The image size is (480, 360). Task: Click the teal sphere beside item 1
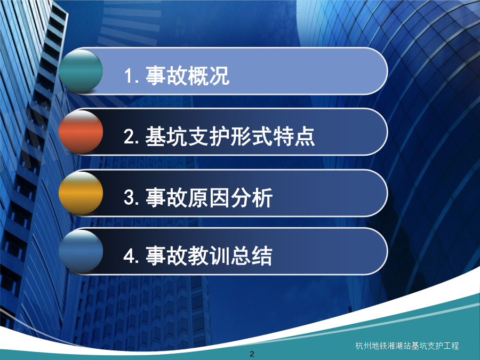(x=81, y=71)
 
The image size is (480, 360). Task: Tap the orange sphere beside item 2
(x=81, y=132)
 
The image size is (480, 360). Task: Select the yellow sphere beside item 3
(x=81, y=193)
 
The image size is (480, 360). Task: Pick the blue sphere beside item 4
(x=81, y=251)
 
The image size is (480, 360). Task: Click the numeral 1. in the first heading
(x=132, y=76)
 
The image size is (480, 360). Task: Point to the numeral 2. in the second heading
(x=132, y=137)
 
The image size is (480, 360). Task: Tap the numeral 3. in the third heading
(x=132, y=197)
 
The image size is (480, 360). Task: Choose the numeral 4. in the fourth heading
(x=132, y=255)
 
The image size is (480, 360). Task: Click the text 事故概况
(x=187, y=75)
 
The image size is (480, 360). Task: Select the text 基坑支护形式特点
(x=230, y=136)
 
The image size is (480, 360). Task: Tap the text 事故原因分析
(x=209, y=197)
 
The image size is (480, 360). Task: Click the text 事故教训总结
(x=209, y=255)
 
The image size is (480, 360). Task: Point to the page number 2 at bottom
(x=252, y=354)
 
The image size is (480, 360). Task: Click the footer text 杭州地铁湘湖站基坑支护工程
(x=407, y=346)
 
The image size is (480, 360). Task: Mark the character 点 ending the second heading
(x=305, y=136)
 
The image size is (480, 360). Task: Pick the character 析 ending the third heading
(x=262, y=197)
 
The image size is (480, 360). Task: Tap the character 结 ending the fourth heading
(x=262, y=255)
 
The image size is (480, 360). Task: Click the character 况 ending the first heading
(x=219, y=75)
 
